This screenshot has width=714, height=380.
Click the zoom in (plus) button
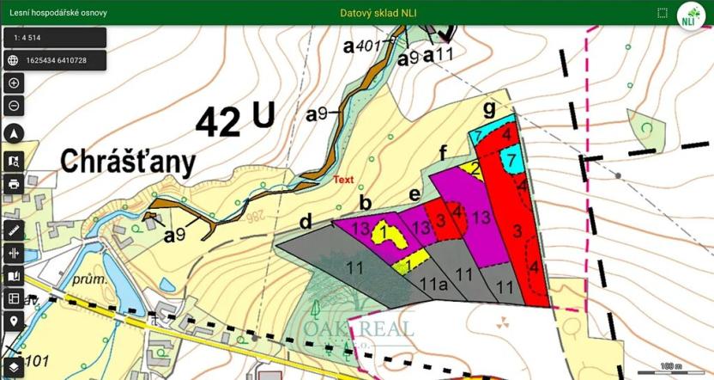coord(14,83)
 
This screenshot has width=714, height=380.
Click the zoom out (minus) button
coord(14,106)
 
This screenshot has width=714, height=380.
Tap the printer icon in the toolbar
coord(14,184)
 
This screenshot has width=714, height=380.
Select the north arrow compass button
coord(14,133)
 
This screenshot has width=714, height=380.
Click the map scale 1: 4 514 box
coord(55,38)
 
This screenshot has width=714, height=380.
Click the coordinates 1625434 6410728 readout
coord(55,60)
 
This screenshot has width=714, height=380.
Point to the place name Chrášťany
coord(128,162)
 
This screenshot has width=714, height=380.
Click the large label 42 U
coord(234,120)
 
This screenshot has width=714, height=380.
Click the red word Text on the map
coord(343,180)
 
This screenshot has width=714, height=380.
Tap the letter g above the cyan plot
coord(489,108)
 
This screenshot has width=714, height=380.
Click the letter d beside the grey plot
coord(306,222)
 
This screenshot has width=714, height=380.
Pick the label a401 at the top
coord(366,46)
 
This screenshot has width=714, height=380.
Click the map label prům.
coord(91,279)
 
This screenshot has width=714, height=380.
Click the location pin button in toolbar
coord(14,321)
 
